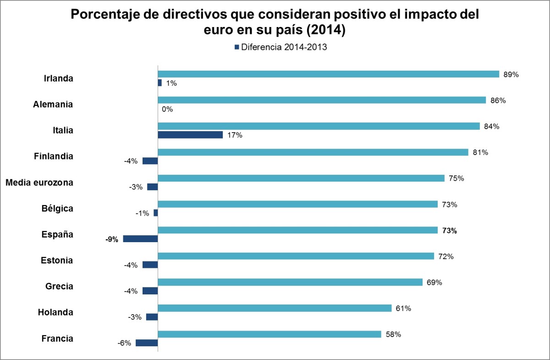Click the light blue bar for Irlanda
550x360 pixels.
[x=328, y=74]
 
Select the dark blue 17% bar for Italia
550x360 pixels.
[x=190, y=135]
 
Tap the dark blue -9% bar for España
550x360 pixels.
[x=140, y=239]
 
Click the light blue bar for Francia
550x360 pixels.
[x=269, y=334]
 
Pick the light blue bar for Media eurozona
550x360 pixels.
[x=301, y=178]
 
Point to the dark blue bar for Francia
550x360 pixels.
[x=147, y=343]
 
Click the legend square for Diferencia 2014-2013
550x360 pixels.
[x=237, y=47]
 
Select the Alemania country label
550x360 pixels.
[x=53, y=104]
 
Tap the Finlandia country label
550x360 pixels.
[x=53, y=156]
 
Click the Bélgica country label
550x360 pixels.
[x=57, y=208]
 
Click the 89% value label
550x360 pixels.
[x=511, y=74]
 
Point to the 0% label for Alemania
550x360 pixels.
[x=167, y=109]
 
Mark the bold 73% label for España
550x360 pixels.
[x=449, y=231]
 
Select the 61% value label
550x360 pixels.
[x=403, y=309]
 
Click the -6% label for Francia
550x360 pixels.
[x=124, y=343]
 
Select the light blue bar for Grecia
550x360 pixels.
[x=290, y=282]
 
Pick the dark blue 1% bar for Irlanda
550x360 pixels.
[x=159, y=83]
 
